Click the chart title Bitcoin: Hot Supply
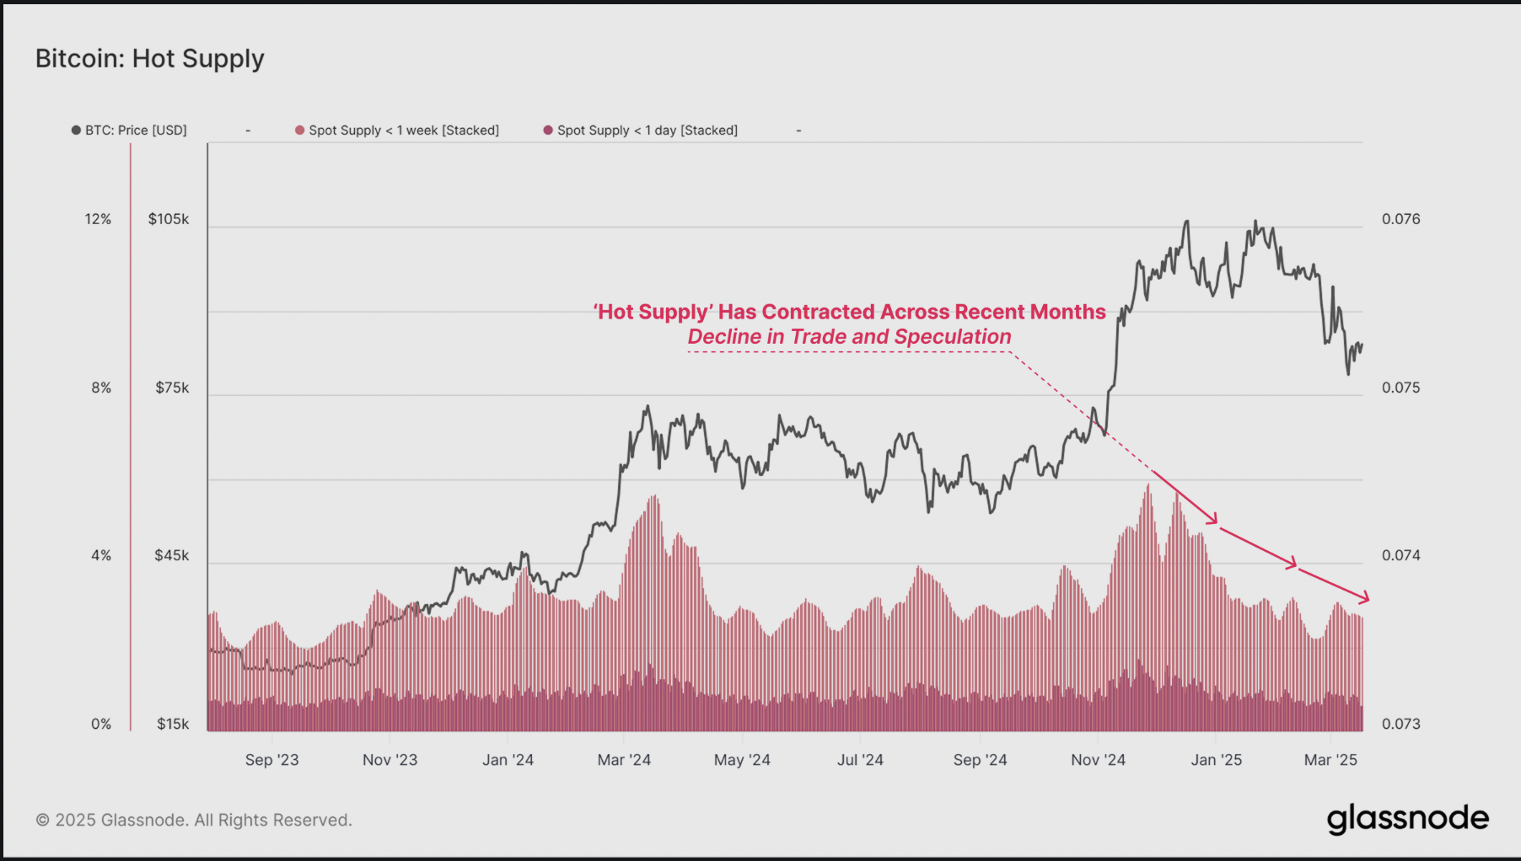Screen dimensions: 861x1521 coord(150,58)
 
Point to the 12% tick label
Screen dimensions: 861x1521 coord(98,219)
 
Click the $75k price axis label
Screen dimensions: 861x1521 coord(172,388)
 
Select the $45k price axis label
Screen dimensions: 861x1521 coord(172,555)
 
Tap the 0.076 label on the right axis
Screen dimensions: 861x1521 coord(1400,219)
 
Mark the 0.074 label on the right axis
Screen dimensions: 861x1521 coord(1400,555)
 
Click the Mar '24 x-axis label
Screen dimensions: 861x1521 coord(624,760)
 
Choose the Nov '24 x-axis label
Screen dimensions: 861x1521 coord(1098,760)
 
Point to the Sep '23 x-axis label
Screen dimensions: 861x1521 coord(271,760)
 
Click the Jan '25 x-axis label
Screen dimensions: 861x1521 coord(1216,760)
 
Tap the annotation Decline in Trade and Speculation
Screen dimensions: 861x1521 coord(849,337)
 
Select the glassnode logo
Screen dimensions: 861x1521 coord(1407,819)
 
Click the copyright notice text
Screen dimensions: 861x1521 coord(194,820)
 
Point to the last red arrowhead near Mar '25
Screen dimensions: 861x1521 coord(1365,598)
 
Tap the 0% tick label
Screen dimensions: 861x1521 coord(101,724)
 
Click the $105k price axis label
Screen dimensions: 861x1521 coord(169,219)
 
